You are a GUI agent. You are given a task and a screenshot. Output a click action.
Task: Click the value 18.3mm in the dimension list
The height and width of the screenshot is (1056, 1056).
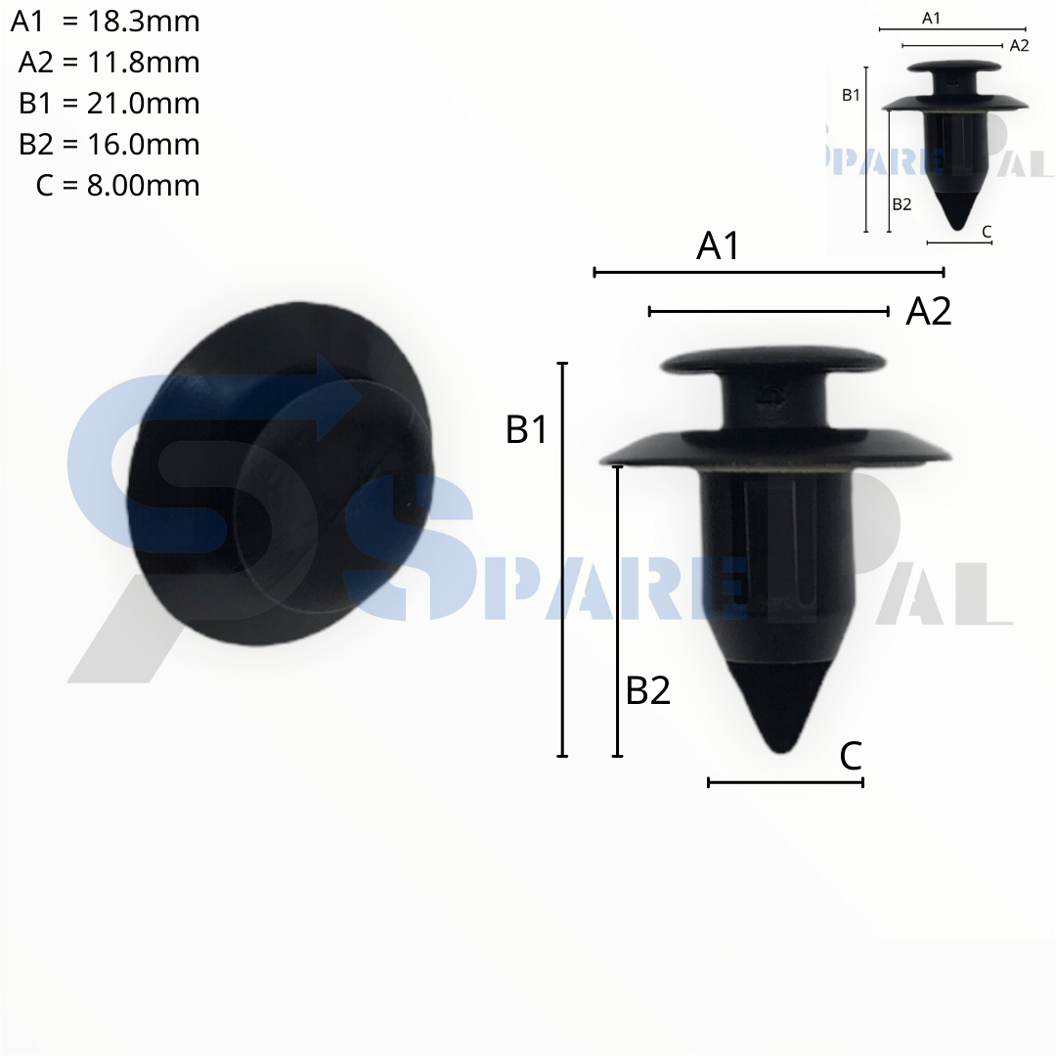click(144, 22)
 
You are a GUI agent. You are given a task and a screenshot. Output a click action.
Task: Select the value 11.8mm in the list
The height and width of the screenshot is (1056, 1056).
click(144, 63)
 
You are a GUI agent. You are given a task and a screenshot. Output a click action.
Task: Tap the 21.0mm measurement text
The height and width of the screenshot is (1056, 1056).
click(144, 104)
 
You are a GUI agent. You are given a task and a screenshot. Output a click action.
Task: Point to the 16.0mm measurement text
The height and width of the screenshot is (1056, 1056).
click(144, 145)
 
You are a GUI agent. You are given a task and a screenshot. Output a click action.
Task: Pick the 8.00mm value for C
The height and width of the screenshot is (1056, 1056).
click(144, 186)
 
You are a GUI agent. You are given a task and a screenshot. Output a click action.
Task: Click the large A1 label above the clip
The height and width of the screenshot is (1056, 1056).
click(718, 245)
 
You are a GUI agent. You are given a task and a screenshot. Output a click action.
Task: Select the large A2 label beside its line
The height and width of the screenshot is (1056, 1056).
click(929, 311)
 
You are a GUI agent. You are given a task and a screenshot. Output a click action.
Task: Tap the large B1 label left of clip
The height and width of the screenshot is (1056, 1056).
click(527, 429)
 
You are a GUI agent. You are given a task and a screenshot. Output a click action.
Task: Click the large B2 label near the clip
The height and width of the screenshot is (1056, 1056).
click(648, 690)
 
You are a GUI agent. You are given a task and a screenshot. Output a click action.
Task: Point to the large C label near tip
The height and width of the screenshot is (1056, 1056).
click(851, 756)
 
